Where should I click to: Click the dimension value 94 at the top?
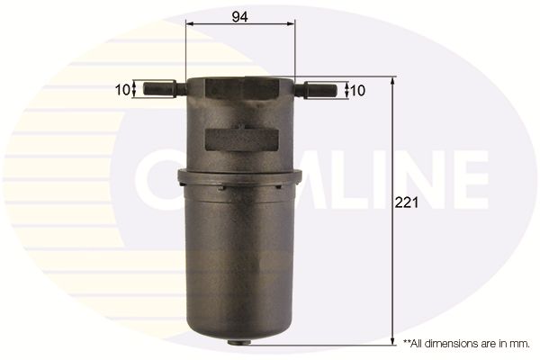click(239, 14)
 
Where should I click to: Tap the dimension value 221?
click(408, 204)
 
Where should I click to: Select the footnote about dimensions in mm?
click(466, 343)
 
